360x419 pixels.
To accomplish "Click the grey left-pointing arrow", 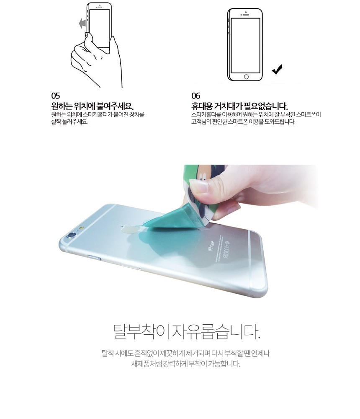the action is (82, 24).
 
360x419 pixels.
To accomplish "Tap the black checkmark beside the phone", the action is (277, 69).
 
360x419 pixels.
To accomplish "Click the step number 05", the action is (56, 96).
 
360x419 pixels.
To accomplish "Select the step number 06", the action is (196, 96).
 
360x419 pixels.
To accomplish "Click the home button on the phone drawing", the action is (246, 77).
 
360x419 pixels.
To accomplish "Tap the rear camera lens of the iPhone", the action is (71, 235).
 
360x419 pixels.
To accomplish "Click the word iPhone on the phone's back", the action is (211, 246).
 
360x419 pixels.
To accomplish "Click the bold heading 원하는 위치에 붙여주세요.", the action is (93, 106).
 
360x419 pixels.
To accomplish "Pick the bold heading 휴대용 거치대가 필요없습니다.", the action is (239, 106).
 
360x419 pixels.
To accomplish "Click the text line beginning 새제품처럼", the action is (185, 364).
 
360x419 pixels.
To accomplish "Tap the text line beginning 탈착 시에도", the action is (185, 353).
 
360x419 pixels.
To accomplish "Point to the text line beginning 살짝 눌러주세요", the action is (70, 122).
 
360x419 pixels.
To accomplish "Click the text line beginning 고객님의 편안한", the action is (243, 122).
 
